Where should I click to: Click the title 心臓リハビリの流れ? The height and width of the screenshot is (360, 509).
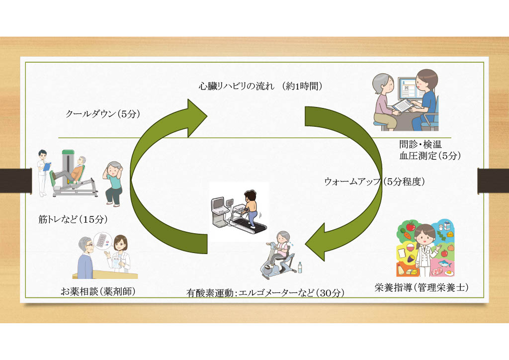coord(233,87)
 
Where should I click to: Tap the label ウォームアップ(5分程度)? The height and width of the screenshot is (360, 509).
coord(374,181)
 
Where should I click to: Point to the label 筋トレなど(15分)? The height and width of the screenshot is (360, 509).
coord(73,218)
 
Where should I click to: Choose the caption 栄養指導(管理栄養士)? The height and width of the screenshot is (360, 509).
coord(422,287)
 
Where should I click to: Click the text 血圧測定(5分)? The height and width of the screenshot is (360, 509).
coord(430,156)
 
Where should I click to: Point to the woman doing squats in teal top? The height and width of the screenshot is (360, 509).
coord(114,182)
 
